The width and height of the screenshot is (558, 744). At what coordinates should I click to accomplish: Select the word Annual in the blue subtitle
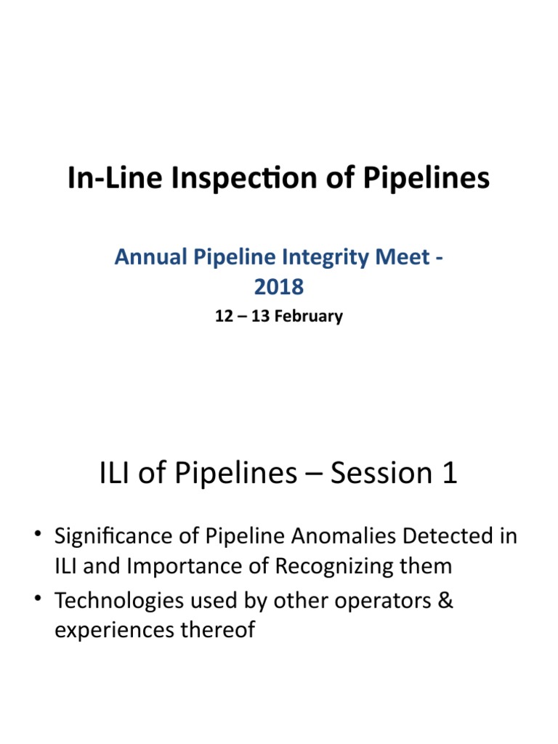coord(148,257)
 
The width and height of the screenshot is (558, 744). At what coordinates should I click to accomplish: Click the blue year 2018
coord(279,287)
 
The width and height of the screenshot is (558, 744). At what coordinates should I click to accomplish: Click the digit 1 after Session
coord(449,474)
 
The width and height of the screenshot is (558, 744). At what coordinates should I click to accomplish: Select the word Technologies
coord(120,602)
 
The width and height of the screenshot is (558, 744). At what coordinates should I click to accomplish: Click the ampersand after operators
coord(445,602)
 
